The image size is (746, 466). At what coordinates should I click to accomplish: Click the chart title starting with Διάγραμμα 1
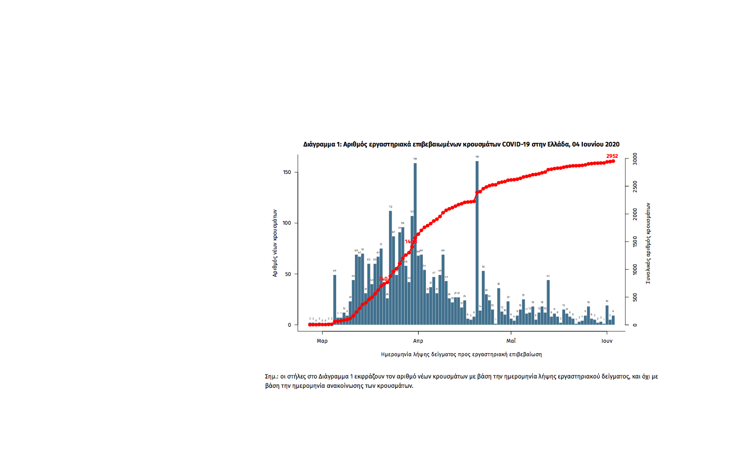pos(461,144)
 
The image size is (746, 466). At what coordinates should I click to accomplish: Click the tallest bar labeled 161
pos(477,243)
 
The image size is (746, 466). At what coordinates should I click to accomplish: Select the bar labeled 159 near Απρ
pos(415,243)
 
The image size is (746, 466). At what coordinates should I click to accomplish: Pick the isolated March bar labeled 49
pos(335,300)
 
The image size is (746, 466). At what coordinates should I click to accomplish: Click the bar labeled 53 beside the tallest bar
pos(483,298)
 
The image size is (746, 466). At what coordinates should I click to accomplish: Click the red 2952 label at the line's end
pos(612,156)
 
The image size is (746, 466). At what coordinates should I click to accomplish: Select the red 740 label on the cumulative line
pos(383,279)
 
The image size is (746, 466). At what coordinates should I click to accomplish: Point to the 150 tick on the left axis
pos(287,172)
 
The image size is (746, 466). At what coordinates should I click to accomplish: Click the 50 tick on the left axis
pos(288,274)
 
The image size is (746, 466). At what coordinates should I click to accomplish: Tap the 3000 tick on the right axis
pos(636,158)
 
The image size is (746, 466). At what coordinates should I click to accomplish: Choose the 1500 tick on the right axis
pos(636,242)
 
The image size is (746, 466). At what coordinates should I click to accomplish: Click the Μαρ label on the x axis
pos(322,341)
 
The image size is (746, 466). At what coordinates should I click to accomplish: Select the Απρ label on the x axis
pos(418,341)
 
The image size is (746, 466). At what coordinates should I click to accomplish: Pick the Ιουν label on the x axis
pos(607,341)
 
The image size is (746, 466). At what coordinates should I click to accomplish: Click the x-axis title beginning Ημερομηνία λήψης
pos(461,355)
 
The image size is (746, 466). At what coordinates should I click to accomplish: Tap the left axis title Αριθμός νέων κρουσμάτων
pos(275,243)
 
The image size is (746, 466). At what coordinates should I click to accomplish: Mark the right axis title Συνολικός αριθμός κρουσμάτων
pos(648,243)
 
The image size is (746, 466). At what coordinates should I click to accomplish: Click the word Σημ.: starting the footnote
pos(271,377)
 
